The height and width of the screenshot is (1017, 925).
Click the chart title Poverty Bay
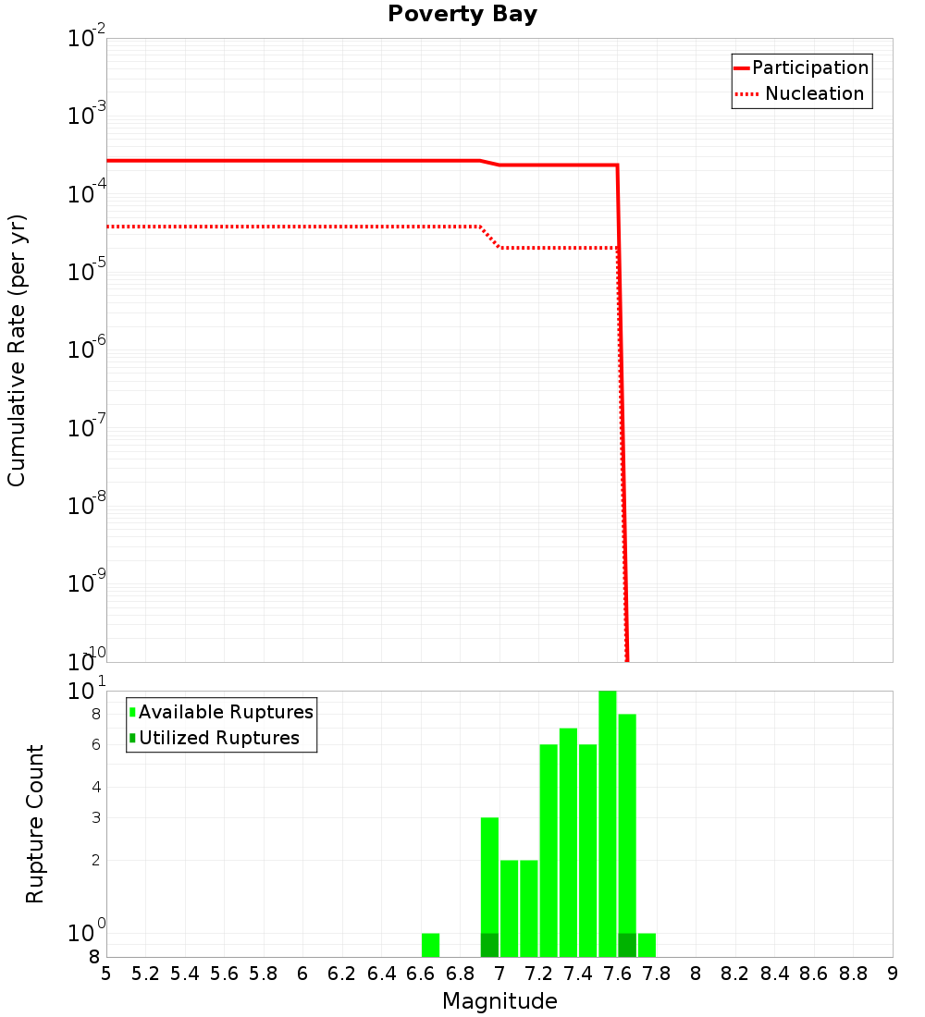click(x=462, y=15)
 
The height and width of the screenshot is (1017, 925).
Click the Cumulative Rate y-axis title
click(x=17, y=350)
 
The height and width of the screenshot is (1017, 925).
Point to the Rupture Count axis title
click(x=35, y=824)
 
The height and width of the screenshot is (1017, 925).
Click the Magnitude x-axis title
click(x=499, y=1001)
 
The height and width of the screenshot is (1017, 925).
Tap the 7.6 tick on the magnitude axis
click(x=617, y=974)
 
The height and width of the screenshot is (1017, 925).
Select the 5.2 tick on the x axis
click(x=145, y=974)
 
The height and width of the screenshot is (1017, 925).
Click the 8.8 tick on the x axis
click(x=853, y=974)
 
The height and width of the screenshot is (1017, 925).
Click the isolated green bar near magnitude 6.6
click(x=430, y=945)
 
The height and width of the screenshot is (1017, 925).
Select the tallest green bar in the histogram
click(x=607, y=823)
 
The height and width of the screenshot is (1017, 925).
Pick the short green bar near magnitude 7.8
click(x=647, y=945)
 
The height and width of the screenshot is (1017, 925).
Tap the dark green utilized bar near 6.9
click(x=489, y=945)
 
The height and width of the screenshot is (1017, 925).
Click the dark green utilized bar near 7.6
click(x=627, y=945)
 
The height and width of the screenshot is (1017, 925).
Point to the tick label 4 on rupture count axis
click(x=95, y=788)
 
